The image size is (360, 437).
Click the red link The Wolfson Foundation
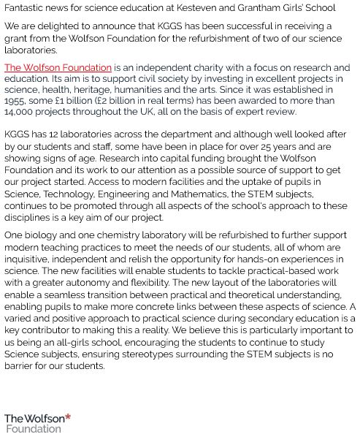click(58, 68)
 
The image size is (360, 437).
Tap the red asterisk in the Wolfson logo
click(68, 417)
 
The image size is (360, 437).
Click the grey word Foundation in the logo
click(34, 429)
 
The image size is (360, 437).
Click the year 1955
click(17, 101)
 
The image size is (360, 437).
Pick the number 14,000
click(20, 112)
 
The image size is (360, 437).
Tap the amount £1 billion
click(88, 101)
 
